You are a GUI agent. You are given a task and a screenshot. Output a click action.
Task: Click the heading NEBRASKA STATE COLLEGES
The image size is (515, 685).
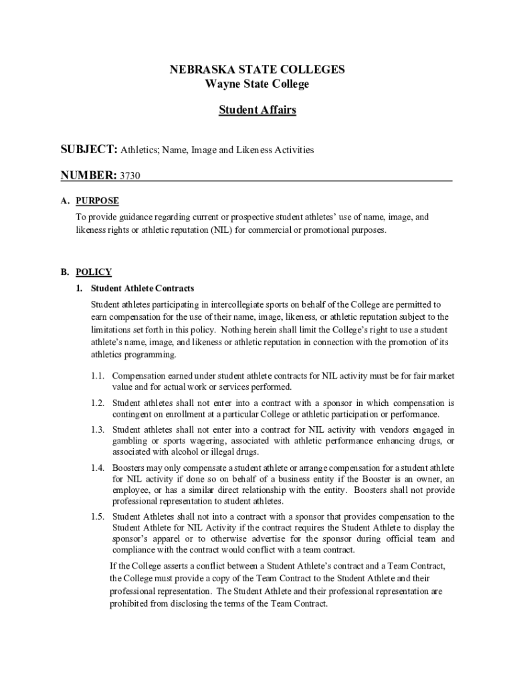tap(257, 70)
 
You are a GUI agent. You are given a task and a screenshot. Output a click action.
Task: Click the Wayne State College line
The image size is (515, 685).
tap(257, 84)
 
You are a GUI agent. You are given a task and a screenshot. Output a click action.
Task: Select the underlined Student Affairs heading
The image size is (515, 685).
tap(257, 110)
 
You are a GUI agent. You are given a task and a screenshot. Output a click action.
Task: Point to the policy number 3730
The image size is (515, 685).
tap(130, 176)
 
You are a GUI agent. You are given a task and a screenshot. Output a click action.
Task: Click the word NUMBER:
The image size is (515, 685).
tap(88, 175)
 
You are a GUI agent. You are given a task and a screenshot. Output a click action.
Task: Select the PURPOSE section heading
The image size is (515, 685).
tap(97, 201)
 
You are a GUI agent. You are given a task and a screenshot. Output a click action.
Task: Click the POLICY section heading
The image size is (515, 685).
tap(94, 272)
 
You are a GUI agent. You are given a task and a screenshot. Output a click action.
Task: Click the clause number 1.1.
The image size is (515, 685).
tap(98, 376)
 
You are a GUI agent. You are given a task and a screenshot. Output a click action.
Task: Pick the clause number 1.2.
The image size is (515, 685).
tap(98, 403)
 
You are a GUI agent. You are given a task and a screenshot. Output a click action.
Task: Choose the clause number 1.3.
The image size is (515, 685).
tap(98, 429)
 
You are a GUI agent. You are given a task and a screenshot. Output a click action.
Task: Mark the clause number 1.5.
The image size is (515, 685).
tap(98, 516)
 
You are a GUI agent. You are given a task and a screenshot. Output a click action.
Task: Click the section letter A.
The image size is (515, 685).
tap(64, 201)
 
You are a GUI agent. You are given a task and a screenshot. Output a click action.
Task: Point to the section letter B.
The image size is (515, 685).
tap(64, 272)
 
